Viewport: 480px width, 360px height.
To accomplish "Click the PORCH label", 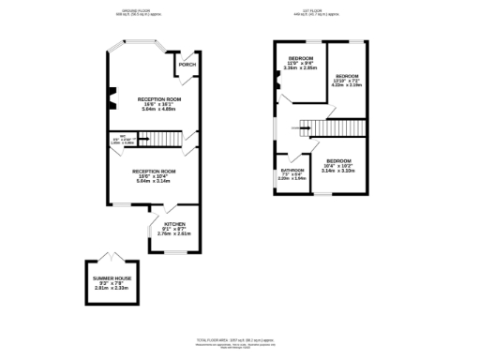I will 187,65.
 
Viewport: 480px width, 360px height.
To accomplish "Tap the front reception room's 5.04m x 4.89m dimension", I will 152,108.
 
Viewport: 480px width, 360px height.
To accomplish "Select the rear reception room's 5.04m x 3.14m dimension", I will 152,181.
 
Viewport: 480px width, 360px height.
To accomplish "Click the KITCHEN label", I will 174,225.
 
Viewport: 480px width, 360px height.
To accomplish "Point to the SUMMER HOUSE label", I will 109,279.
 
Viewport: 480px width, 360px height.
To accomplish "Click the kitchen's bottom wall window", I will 171,251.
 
